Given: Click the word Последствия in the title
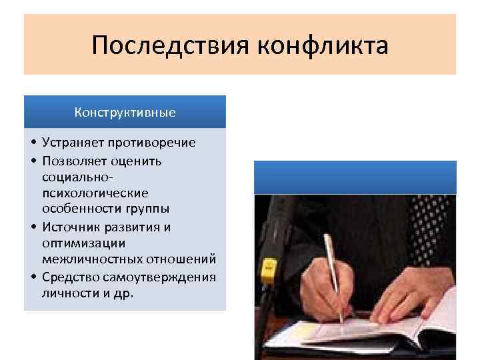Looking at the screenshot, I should coord(171,47).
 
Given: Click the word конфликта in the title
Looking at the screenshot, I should coord(321,47).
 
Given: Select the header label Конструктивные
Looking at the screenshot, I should coord(125,112).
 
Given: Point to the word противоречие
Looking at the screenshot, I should coord(153,143).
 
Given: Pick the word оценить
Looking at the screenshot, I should coord(139,161).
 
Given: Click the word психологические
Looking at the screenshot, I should coord(94,193).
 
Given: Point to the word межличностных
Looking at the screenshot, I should coord(89,259).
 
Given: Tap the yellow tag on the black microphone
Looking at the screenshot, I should coord(268,268).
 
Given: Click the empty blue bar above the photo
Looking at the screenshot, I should coord(355,177).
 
